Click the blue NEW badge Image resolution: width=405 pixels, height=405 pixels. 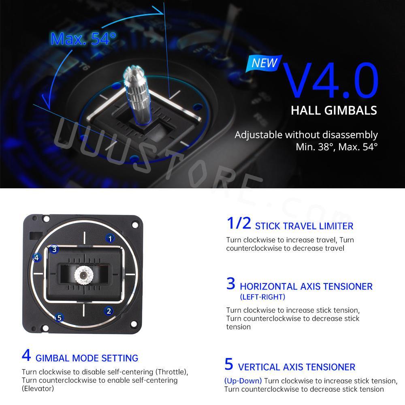264,63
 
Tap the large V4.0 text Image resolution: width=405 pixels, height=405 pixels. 330,80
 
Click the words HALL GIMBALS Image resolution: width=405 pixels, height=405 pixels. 334,110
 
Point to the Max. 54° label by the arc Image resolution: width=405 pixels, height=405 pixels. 83,39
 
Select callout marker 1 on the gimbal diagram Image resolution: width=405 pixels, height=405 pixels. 110,238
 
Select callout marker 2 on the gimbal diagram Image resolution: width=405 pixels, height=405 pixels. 109,311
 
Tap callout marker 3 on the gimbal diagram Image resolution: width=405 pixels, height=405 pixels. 54,249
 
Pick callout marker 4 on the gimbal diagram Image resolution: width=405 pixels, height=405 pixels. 37,258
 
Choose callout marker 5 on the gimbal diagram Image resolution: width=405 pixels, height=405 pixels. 60,318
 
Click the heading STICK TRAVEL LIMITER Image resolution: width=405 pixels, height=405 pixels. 304,226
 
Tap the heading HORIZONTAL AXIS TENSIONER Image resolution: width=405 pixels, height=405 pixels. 306,286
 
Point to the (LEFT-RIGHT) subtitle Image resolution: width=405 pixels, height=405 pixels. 262,297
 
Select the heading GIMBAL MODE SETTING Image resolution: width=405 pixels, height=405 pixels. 87,358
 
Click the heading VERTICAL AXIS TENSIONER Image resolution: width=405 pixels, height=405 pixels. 296,367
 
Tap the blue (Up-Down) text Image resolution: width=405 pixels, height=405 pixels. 243,381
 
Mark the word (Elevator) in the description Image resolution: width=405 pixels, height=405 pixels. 38,388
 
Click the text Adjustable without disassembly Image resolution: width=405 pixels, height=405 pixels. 306,135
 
